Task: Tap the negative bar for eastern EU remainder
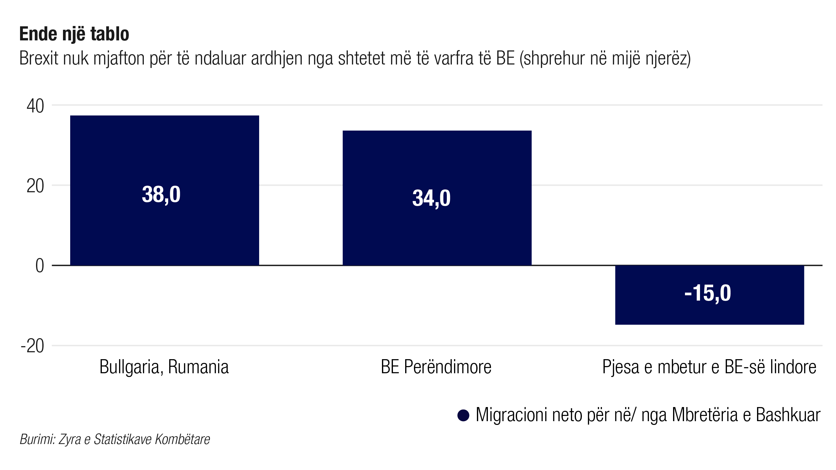click(x=709, y=311)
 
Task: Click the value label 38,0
click(x=161, y=195)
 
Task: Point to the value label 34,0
click(x=431, y=198)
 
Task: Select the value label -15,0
click(x=708, y=293)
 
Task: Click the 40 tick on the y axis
click(x=35, y=106)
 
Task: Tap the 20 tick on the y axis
click(x=35, y=186)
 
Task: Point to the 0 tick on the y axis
click(x=39, y=266)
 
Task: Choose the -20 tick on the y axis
click(x=33, y=346)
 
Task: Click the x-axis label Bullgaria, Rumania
click(x=164, y=367)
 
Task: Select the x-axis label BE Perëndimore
click(x=436, y=367)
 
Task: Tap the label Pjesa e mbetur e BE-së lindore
click(x=709, y=367)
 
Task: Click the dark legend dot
click(x=463, y=416)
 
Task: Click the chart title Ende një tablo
click(x=74, y=34)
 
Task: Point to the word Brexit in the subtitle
click(x=39, y=58)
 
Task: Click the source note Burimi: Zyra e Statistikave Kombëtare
click(x=115, y=440)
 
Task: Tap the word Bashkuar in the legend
click(x=788, y=415)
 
